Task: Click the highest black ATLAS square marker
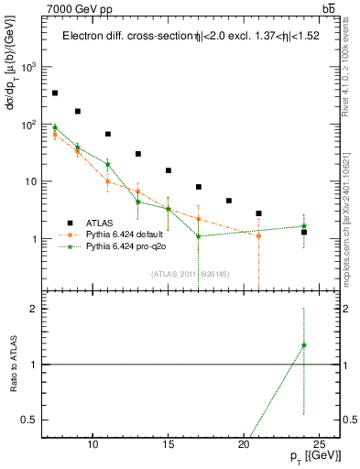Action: click(x=55, y=93)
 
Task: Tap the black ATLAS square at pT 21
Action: click(x=259, y=213)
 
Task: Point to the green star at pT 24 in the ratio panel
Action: click(x=304, y=345)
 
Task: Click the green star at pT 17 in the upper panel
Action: click(x=199, y=236)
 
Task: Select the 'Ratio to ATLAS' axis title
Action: click(x=12, y=364)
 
